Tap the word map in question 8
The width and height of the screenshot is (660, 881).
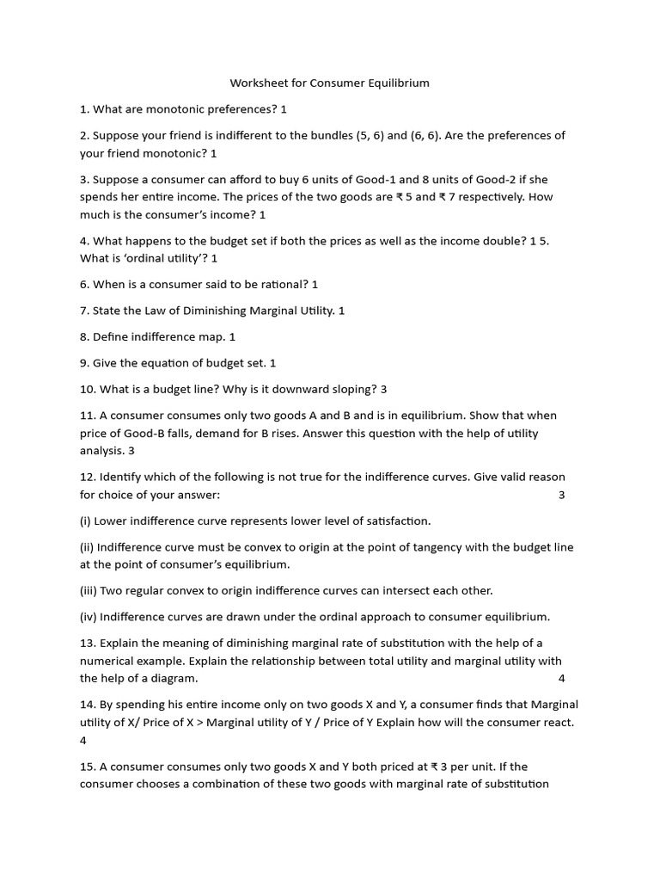point(211,337)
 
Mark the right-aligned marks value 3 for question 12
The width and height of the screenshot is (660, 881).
point(561,495)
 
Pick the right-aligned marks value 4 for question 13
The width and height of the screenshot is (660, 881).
point(561,678)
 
